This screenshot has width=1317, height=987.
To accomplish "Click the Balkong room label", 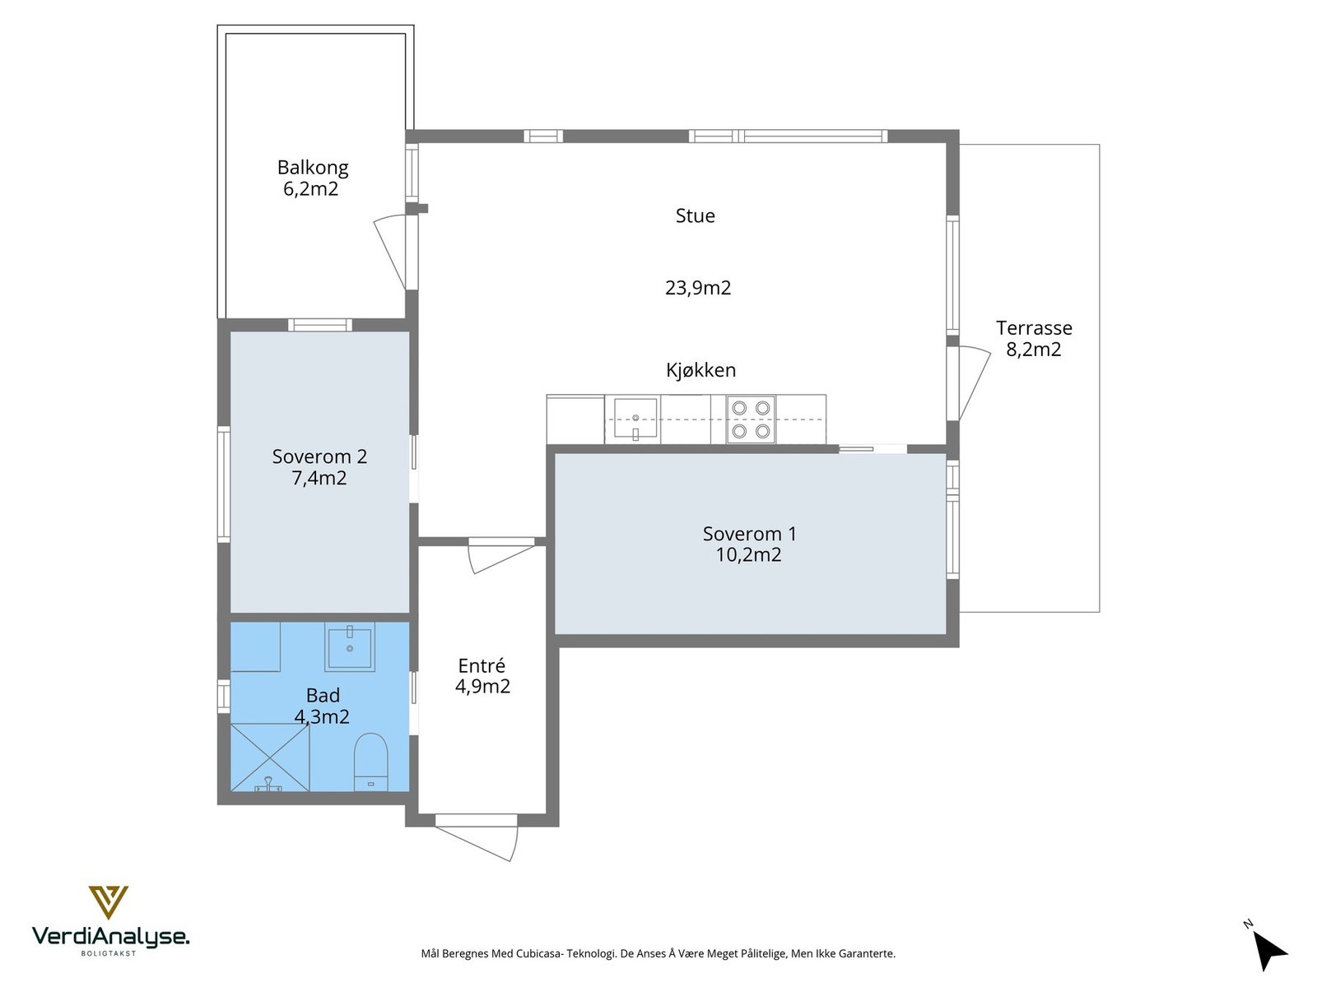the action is [x=313, y=167].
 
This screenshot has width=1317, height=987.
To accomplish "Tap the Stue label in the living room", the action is [x=695, y=215].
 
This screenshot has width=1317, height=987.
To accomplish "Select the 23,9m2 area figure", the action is [x=698, y=288].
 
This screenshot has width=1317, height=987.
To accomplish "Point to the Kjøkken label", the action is [x=700, y=370].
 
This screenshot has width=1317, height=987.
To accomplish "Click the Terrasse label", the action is [x=1034, y=328].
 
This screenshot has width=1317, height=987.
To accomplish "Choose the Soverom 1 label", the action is [x=749, y=533].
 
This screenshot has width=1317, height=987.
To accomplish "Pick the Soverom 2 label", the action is [x=319, y=456].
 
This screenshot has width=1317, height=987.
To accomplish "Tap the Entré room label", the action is [x=482, y=665].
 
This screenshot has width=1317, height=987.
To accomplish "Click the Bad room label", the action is [x=323, y=695].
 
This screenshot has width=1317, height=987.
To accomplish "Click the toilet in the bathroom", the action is [x=370, y=762].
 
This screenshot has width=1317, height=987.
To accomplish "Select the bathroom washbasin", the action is [x=350, y=646].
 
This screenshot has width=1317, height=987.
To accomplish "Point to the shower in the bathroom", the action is [x=270, y=758].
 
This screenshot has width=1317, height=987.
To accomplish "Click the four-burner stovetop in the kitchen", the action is [x=751, y=419].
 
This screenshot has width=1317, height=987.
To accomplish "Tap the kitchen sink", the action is [x=635, y=419].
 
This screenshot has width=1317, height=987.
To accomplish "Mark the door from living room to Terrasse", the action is [x=967, y=383].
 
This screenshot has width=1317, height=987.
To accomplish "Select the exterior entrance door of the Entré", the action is [x=477, y=837].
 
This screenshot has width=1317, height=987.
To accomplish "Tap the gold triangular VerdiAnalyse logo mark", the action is [x=109, y=902].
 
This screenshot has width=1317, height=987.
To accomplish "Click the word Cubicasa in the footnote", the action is [x=539, y=953].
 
